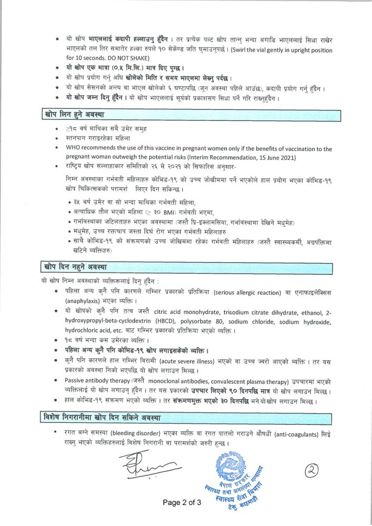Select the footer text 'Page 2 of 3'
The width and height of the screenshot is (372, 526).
(x=182, y=502)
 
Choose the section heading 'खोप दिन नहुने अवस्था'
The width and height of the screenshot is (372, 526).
(x=76, y=267)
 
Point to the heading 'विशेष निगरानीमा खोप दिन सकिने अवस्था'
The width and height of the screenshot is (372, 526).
(x=102, y=418)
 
